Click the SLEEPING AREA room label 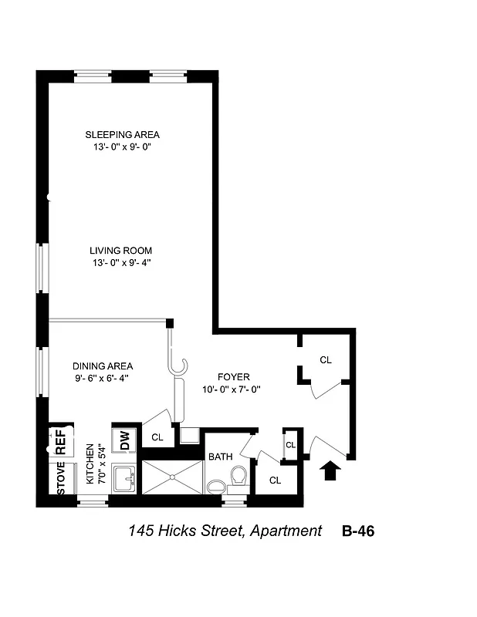click(122, 135)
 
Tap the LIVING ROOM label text click(120, 251)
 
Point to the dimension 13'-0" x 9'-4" click(120, 263)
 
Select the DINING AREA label click(103, 366)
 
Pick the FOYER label click(233, 377)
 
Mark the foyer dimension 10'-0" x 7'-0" click(233, 389)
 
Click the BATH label click(221, 457)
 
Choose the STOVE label click(61, 478)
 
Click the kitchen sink click(124, 480)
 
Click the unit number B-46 click(358, 531)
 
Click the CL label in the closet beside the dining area click(157, 437)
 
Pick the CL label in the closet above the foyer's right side click(326, 359)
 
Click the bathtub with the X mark click(172, 478)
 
